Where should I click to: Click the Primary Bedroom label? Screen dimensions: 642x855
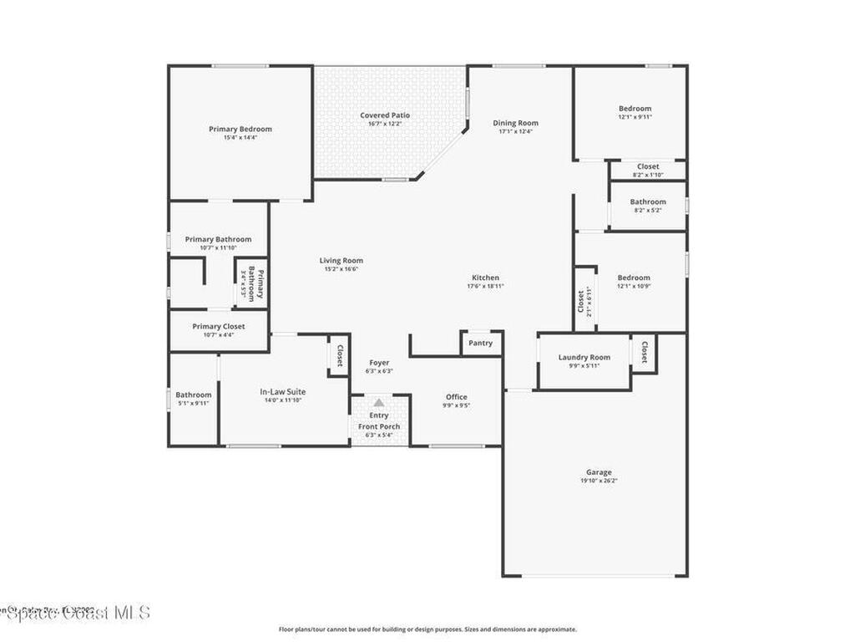pyautogui.click(x=240, y=129)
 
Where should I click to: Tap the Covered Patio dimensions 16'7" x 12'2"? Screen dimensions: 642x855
pyautogui.click(x=385, y=124)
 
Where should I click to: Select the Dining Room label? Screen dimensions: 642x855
pyautogui.click(x=515, y=123)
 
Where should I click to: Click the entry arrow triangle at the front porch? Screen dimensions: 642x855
pyautogui.click(x=379, y=403)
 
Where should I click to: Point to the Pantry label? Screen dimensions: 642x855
pyautogui.click(x=480, y=343)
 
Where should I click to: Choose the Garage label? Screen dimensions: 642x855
pyautogui.click(x=599, y=472)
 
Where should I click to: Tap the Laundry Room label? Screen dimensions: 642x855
pyautogui.click(x=584, y=357)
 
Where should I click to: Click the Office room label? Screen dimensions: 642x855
pyautogui.click(x=456, y=397)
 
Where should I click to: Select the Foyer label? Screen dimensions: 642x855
pyautogui.click(x=379, y=363)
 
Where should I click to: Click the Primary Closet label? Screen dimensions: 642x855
pyautogui.click(x=218, y=326)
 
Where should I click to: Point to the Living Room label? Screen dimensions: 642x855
pyautogui.click(x=341, y=260)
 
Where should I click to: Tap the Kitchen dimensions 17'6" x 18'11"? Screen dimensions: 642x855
pyautogui.click(x=485, y=286)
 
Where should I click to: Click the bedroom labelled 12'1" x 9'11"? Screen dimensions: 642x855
pyautogui.click(x=635, y=109)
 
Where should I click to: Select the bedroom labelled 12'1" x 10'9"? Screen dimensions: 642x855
pyautogui.click(x=633, y=278)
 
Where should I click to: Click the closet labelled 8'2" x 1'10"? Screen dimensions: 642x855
pyautogui.click(x=648, y=166)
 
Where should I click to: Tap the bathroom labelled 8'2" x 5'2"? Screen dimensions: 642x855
pyautogui.click(x=648, y=201)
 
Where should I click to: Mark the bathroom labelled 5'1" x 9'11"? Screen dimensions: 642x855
pyautogui.click(x=193, y=395)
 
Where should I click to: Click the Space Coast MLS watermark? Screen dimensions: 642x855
pyautogui.click(x=75, y=613)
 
